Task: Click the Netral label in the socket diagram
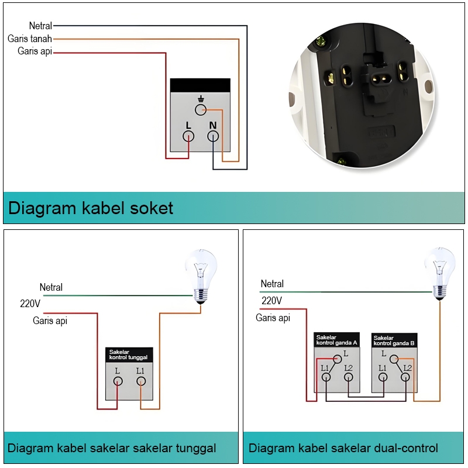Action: (40, 26)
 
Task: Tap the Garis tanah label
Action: (30, 39)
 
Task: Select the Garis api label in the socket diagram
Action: (35, 51)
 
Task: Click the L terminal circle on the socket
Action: (188, 136)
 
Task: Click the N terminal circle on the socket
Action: (213, 136)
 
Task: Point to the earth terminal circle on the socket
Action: (201, 109)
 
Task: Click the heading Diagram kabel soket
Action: (91, 208)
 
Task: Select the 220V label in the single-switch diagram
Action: (30, 304)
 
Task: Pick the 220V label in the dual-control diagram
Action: (271, 301)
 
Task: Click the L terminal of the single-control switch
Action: (118, 381)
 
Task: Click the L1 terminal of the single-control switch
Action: (140, 381)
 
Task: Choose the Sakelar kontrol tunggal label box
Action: (128, 354)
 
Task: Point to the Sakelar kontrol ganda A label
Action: (336, 340)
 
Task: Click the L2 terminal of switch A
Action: (349, 377)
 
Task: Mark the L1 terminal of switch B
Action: (383, 377)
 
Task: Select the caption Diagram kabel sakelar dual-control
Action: (343, 449)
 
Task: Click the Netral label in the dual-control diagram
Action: (272, 284)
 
